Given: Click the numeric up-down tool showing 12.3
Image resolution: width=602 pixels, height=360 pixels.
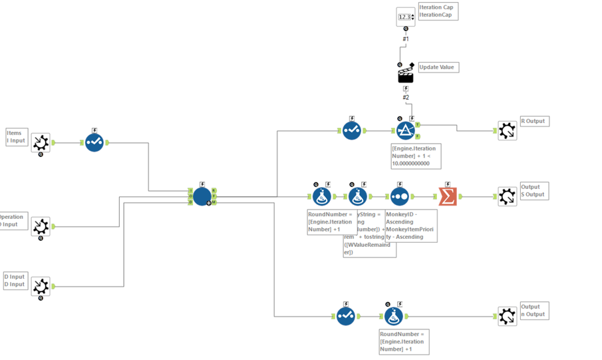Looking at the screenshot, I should tap(405, 17).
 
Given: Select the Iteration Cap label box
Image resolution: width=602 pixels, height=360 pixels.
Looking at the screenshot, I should tap(438, 11).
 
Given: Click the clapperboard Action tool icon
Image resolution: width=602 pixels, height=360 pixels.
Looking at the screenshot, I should tap(405, 76).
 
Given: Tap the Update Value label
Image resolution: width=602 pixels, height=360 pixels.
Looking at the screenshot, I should tap(438, 67).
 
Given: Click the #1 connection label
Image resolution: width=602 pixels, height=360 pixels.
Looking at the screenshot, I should tap(405, 39).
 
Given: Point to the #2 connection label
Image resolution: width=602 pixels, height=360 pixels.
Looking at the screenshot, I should tap(405, 98).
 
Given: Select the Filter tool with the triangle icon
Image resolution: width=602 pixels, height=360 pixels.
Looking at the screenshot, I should tap(406, 130).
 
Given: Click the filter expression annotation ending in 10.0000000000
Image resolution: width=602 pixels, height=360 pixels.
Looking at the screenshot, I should tap(416, 156).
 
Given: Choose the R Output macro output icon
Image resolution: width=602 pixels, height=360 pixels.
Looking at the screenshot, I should tap(507, 130).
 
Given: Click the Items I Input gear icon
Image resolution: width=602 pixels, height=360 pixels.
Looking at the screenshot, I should tap(41, 142).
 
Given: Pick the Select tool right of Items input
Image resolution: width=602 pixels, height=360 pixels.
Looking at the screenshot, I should tap(94, 142).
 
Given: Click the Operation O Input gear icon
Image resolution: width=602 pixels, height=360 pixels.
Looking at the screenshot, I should tap(41, 226).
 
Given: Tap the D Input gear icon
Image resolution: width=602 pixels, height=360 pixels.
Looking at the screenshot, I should tap(41, 286).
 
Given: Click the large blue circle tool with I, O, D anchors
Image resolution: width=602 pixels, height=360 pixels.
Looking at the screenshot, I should tap(202, 196).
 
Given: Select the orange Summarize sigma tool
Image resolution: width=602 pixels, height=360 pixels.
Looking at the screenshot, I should tap(448, 196).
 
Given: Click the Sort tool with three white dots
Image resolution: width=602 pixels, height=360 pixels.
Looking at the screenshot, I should tap(399, 196).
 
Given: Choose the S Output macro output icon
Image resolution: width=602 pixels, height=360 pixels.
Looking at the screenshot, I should tap(507, 196).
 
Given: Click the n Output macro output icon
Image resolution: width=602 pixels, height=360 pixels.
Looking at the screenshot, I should tap(507, 316).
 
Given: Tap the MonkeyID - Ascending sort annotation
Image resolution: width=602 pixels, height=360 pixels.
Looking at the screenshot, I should tap(411, 224).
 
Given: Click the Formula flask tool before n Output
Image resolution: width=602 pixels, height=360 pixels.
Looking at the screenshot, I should tap(393, 316).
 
